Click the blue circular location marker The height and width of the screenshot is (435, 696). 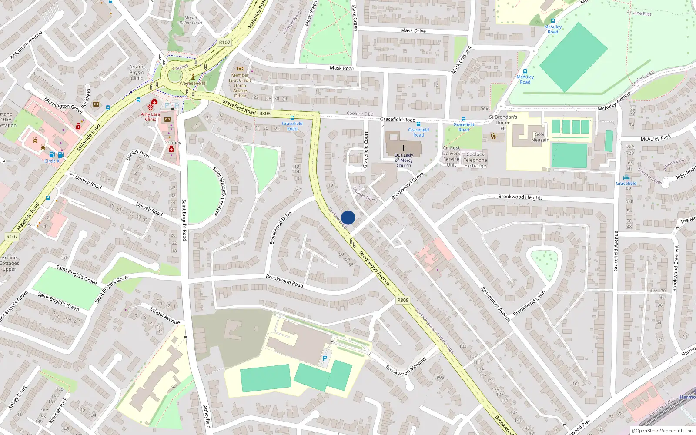[x=348, y=217]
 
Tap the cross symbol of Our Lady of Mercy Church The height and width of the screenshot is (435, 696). [x=404, y=148]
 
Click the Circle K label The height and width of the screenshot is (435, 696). [x=52, y=161]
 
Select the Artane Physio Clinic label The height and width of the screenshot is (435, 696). [x=137, y=73]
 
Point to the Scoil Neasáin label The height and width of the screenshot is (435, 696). [x=540, y=137]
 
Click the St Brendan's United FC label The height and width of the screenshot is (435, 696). [x=503, y=123]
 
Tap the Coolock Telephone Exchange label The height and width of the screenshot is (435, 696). [x=475, y=160]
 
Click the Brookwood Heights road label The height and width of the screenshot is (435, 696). [x=520, y=197]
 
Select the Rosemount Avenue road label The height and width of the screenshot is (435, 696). [x=495, y=304]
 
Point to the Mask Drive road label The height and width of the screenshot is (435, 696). [x=413, y=30]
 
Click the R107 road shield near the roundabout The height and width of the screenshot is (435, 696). [x=224, y=42]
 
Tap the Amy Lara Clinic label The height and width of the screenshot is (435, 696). [x=151, y=117]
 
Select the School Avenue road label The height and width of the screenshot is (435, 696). [x=165, y=315]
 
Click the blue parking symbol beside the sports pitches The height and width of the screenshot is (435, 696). [x=325, y=358]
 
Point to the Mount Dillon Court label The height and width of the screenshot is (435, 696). [x=191, y=20]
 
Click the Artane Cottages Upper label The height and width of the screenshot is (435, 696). [x=10, y=263]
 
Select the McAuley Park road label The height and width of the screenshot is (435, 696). [x=656, y=138]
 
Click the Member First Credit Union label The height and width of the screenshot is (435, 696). [x=240, y=83]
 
